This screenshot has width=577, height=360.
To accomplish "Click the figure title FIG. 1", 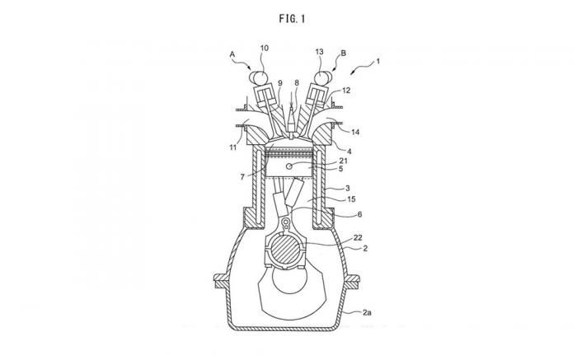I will (x=289, y=14).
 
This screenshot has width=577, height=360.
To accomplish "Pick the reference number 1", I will (x=378, y=60).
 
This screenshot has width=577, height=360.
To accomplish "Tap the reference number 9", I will (x=280, y=82).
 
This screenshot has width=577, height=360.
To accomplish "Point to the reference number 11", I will (x=233, y=148).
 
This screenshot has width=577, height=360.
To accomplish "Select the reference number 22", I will (x=356, y=236).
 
